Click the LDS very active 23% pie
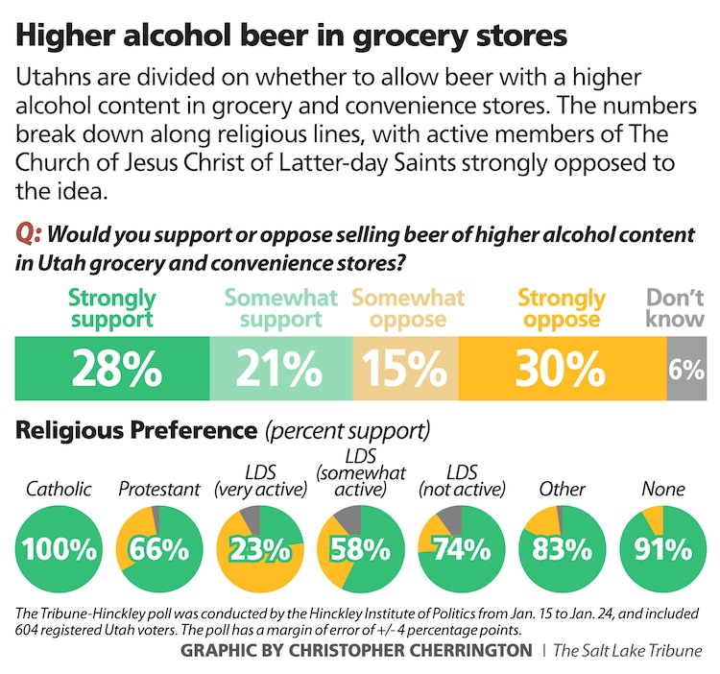(259, 549)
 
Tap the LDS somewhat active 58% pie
(360, 549)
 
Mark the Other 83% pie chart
(562, 549)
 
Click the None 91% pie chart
(662, 549)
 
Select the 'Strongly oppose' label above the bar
(562, 308)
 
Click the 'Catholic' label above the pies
(59, 489)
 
